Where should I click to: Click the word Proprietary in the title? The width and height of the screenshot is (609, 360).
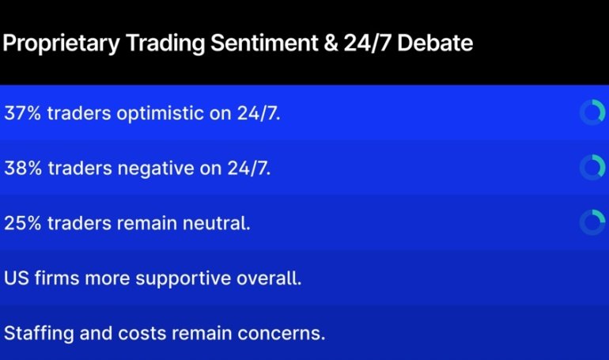pos(59,43)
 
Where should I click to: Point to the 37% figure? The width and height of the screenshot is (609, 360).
pos(22,113)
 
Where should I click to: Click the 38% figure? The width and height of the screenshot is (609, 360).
pos(22,168)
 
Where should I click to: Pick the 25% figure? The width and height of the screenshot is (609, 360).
pos(22,223)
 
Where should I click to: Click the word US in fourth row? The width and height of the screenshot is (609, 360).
pos(16,279)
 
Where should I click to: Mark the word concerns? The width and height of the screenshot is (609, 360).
pos(286,333)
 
